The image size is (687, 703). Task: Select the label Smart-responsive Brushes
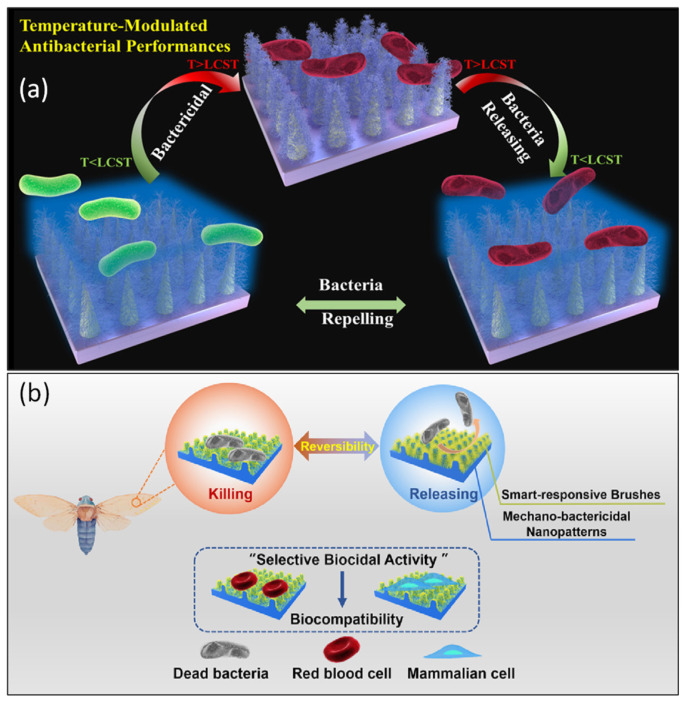point(574,493)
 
